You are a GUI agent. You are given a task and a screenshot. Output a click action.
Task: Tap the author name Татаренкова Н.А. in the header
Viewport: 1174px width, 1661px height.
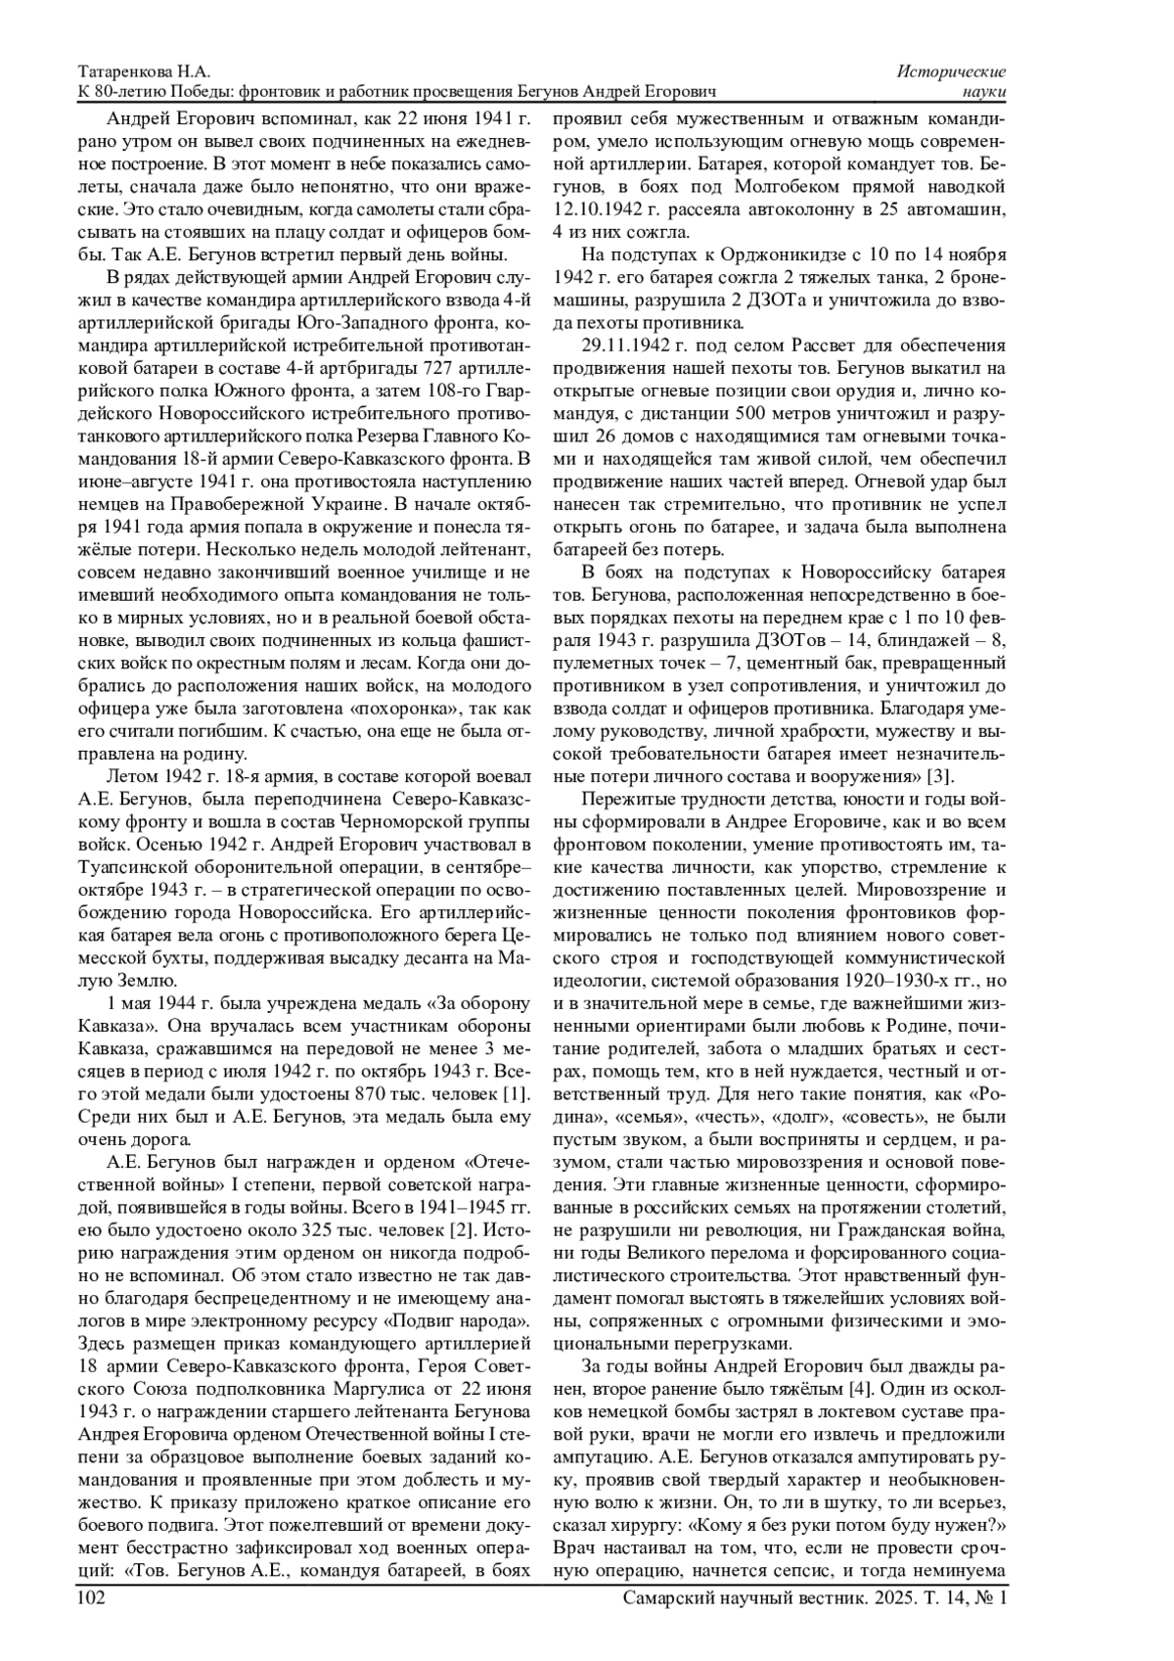[x=144, y=72]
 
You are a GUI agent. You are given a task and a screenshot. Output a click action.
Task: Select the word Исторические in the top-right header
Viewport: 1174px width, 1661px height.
[x=952, y=72]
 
